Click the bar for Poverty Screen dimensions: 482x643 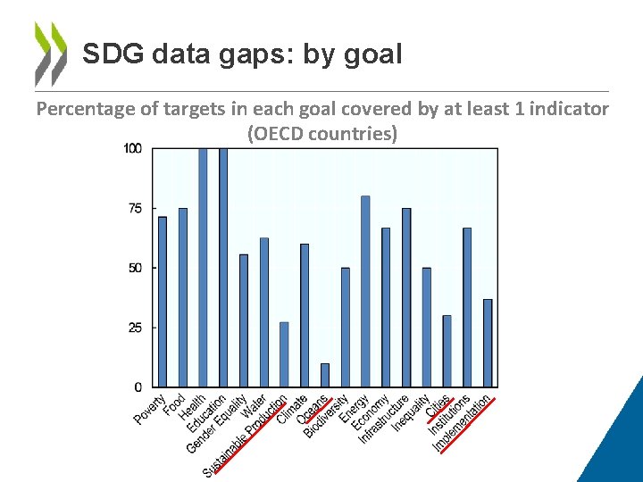(162, 302)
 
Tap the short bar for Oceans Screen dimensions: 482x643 (325, 375)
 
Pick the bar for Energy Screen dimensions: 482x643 (365, 291)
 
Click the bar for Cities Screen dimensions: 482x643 (447, 351)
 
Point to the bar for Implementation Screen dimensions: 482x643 (488, 343)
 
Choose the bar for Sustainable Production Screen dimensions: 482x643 (284, 354)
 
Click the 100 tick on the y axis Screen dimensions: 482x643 (132, 148)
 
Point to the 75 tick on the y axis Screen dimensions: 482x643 (135, 208)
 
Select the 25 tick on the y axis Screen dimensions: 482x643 (135, 328)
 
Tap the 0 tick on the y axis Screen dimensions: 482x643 (138, 387)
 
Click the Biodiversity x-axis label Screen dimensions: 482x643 (327, 416)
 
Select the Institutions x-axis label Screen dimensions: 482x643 (449, 415)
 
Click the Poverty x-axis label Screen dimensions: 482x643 (150, 409)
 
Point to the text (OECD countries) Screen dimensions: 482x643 (321, 135)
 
